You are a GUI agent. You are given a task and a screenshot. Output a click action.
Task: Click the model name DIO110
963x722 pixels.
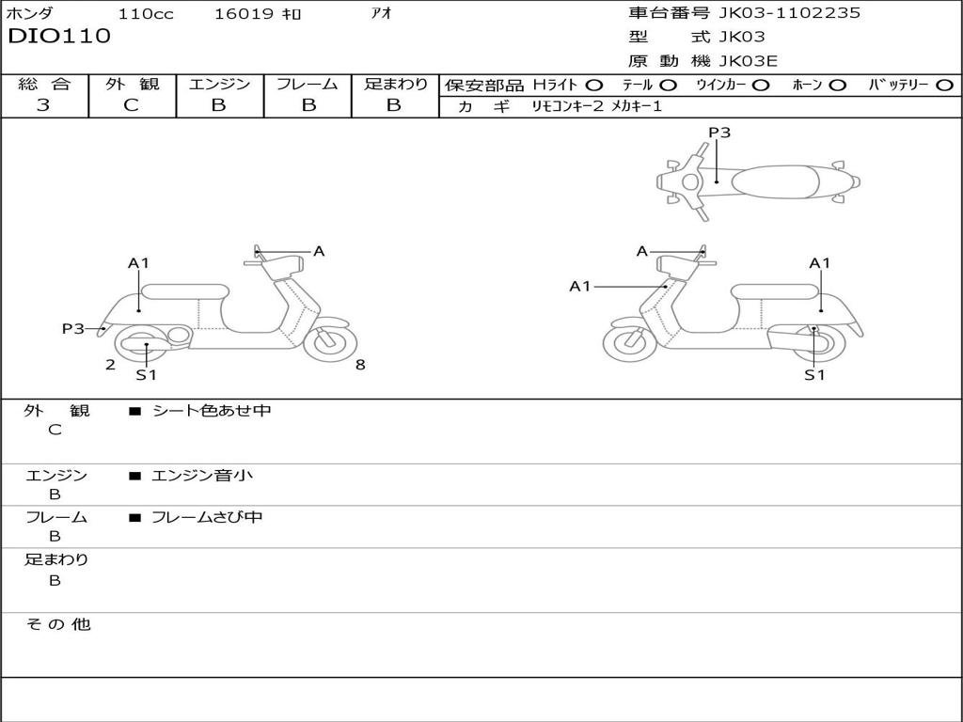coord(59,37)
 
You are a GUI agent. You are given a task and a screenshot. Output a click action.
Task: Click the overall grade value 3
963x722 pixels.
coord(43,105)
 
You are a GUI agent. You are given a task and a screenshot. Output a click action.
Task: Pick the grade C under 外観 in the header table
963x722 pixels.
coord(131,105)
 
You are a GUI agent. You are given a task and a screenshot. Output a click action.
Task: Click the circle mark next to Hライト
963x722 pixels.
coord(594,86)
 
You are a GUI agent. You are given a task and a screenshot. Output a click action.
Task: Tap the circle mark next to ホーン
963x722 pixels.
coord(838,86)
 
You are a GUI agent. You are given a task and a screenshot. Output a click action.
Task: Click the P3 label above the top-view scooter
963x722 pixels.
coord(719,133)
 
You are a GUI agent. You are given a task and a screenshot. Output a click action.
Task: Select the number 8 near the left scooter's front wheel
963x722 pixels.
coord(360,365)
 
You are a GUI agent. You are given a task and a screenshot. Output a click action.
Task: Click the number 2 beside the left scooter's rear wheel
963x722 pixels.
coord(110,365)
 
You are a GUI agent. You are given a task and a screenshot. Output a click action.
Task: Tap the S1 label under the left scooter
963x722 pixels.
coord(146,375)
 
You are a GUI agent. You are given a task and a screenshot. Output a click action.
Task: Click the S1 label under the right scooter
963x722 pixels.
coord(814,375)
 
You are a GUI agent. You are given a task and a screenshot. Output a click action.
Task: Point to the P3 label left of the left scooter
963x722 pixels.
coord(72,328)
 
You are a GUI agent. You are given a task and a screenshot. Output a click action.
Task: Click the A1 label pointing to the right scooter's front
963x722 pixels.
coord(580,286)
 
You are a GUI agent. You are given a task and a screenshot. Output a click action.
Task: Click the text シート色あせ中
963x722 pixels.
coord(212,411)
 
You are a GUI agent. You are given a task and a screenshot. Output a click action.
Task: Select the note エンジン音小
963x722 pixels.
coord(202,476)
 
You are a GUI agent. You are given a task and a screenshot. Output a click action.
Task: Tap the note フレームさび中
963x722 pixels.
coord(207,517)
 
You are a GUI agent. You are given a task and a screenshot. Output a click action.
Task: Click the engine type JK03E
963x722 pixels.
coord(749,61)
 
